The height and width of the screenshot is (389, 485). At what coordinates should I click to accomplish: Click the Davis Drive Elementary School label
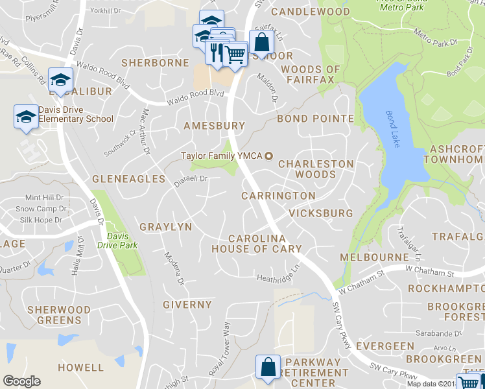click(76, 114)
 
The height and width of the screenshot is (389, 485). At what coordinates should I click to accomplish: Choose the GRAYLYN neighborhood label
click(166, 227)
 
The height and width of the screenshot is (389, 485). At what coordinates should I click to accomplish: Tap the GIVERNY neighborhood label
click(187, 304)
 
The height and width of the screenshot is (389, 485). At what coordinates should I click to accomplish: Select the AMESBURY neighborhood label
click(215, 125)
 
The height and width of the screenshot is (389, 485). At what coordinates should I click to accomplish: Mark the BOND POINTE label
click(315, 119)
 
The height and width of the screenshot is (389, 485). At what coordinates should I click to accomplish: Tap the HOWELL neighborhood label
click(80, 367)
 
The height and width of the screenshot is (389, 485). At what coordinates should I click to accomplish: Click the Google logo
click(22, 381)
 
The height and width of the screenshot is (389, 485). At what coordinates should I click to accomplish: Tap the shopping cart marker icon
click(237, 54)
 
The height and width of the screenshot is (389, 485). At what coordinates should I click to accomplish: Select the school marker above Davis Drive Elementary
click(60, 79)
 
